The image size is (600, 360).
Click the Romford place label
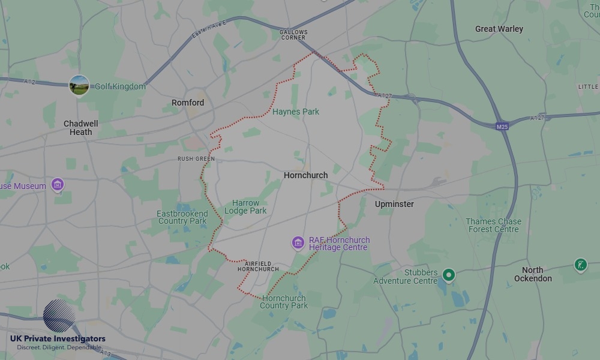click(x=188, y=103)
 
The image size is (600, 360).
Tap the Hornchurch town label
click(x=306, y=175)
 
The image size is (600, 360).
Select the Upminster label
click(x=394, y=204)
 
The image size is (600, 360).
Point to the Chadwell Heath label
click(x=81, y=128)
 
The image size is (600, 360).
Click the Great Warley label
click(x=499, y=29)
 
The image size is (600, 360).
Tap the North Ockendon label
click(x=533, y=274)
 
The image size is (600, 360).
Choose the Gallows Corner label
click(x=293, y=35)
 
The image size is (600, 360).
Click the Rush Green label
click(x=196, y=159)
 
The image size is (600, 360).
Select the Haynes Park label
click(x=296, y=112)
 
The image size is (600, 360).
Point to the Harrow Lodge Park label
click(x=246, y=207)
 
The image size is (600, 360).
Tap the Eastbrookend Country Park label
click(x=182, y=217)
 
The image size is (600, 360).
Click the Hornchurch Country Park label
click(x=284, y=302)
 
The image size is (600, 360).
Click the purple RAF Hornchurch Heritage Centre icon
click(x=298, y=243)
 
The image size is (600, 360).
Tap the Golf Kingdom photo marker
click(x=79, y=85)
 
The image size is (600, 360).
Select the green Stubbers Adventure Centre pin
click(x=448, y=275)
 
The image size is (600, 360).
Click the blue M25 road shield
click(x=502, y=127)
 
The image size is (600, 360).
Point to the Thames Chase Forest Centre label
click(x=494, y=225)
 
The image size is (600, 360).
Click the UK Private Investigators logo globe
click(x=59, y=316)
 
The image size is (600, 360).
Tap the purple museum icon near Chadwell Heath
click(x=58, y=184)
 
